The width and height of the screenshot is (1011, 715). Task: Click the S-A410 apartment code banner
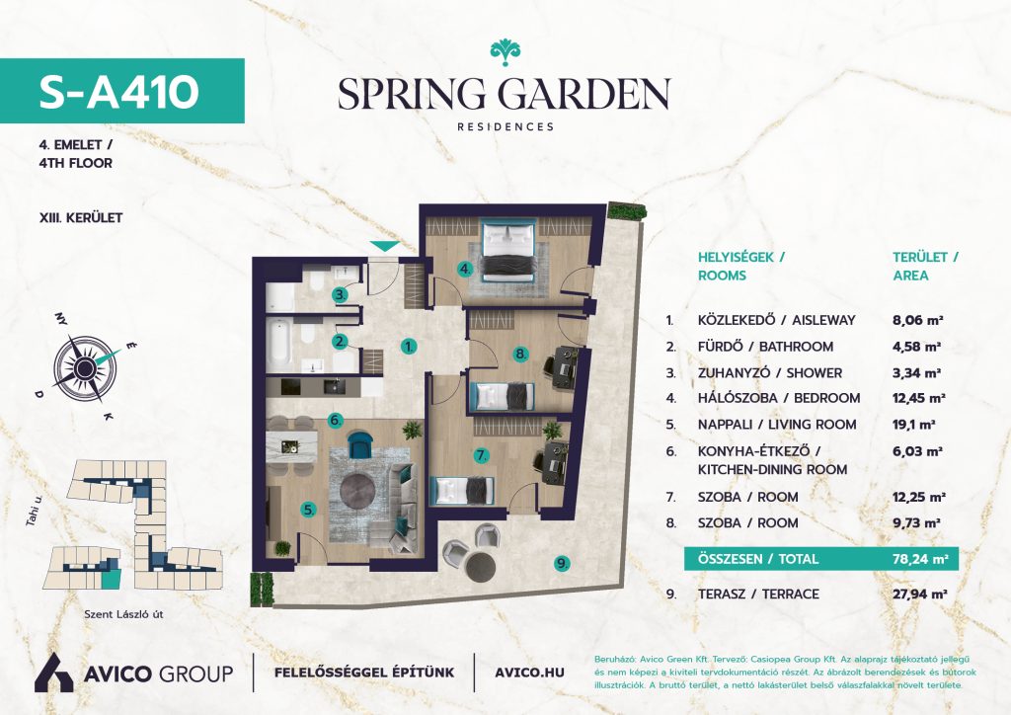(121, 91)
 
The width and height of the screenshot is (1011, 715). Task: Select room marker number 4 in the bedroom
(465, 269)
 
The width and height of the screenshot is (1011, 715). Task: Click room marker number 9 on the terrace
(562, 564)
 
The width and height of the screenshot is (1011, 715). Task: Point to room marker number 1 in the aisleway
(408, 347)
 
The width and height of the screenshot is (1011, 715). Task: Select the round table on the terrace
(481, 566)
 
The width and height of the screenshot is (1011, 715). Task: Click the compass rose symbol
(84, 368)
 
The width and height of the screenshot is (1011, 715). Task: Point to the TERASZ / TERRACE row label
(758, 594)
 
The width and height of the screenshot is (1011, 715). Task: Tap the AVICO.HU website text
(529, 673)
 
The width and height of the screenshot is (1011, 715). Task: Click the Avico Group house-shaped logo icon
(53, 673)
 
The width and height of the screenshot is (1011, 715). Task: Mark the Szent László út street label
(123, 614)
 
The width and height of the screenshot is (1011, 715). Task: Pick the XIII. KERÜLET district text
(81, 218)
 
